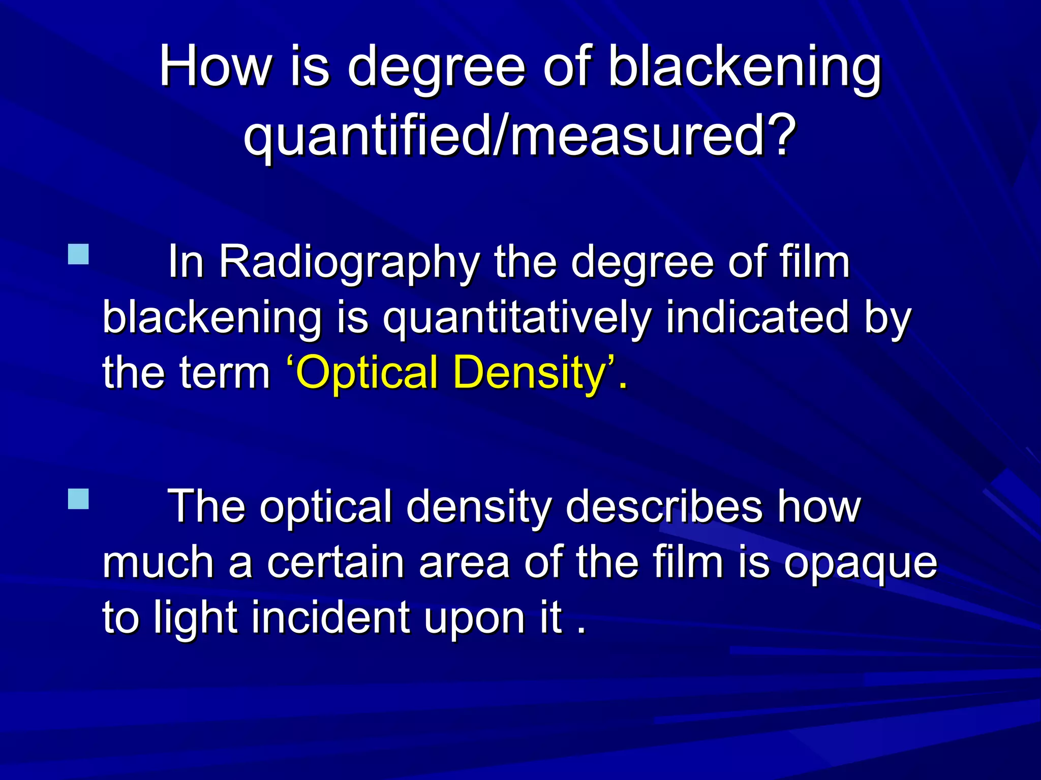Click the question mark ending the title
pyautogui.click(x=775, y=135)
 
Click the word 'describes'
pyautogui.click(x=664, y=507)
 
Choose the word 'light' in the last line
pyautogui.click(x=196, y=619)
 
